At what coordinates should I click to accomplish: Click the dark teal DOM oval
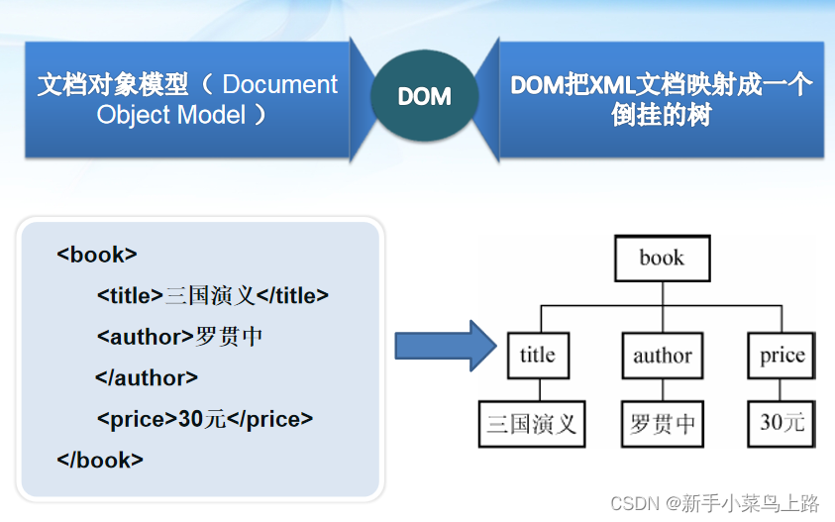[424, 96]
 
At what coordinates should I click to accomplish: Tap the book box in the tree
[662, 260]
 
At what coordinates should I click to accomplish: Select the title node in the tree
[538, 356]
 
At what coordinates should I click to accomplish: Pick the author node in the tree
[663, 356]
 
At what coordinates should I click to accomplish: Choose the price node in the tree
[782, 356]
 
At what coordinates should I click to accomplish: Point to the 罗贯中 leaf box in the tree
[663, 424]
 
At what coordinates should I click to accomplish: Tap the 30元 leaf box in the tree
[782, 424]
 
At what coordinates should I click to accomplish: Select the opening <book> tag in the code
[97, 254]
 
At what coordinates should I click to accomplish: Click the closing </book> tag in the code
[100, 460]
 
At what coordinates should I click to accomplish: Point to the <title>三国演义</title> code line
[212, 295]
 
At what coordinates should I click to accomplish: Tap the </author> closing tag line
[147, 377]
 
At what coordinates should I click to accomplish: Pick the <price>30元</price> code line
[204, 419]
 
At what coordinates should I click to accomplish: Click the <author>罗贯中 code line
[179, 337]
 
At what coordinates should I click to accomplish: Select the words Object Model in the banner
[170, 115]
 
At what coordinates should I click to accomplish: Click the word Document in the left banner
[280, 84]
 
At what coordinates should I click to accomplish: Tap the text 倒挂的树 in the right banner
[662, 115]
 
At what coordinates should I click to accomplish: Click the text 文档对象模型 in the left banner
[112, 84]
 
